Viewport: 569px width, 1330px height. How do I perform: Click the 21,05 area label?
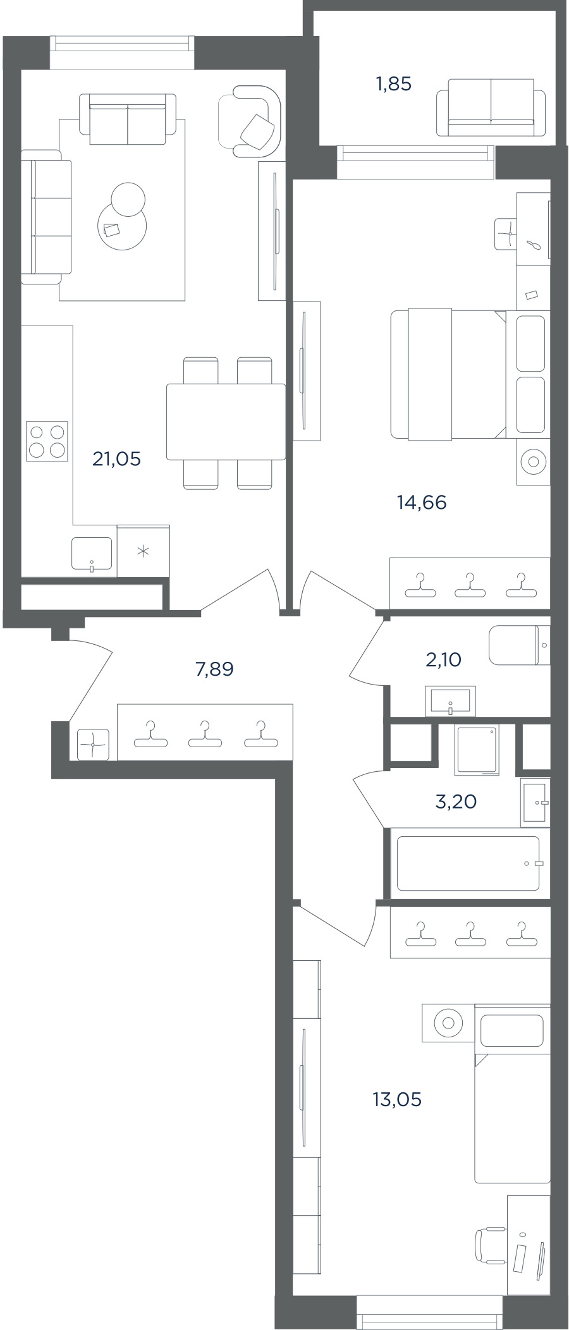point(116,459)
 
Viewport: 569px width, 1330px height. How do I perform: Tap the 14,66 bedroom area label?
point(422,503)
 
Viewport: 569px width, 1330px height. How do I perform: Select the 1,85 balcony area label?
point(394,83)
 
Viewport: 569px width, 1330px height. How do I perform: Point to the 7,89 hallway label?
point(214,669)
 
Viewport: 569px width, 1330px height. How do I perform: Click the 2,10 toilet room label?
point(443,660)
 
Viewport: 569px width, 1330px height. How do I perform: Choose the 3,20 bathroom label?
point(456,802)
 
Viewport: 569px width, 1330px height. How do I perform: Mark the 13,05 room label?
point(397,1099)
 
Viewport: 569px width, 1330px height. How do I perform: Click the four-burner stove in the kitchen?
point(47,441)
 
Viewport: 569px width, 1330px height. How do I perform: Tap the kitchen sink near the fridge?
point(92,554)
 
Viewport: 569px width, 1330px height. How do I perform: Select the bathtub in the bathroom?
point(468,863)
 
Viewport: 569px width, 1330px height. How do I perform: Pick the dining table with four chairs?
point(226,422)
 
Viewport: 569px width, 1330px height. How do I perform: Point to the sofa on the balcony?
point(491,107)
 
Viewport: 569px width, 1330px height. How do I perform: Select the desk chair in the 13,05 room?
point(491,1245)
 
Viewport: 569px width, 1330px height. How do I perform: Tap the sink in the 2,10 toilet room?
point(451,700)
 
